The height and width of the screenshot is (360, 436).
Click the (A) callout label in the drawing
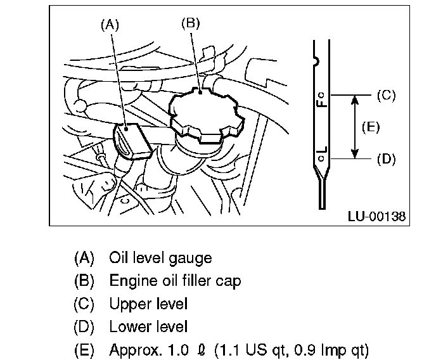(x=110, y=25)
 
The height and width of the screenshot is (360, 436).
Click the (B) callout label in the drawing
(x=190, y=23)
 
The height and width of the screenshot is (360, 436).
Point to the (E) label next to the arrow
(x=371, y=127)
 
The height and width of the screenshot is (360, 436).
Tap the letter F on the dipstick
(x=322, y=101)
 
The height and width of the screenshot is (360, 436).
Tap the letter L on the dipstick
(x=322, y=152)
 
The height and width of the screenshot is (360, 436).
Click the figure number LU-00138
(x=376, y=216)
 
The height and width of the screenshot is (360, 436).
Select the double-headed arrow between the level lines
(x=356, y=127)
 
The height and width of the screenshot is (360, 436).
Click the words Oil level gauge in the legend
(x=160, y=258)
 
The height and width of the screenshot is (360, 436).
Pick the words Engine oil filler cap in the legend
(x=175, y=281)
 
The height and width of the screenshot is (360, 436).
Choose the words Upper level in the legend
(x=148, y=304)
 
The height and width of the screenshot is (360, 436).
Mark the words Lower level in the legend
(x=148, y=326)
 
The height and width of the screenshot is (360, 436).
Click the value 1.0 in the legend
(x=170, y=349)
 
